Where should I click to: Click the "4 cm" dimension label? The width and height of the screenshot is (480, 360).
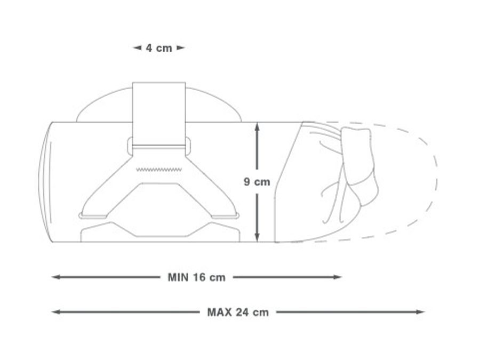(159, 48)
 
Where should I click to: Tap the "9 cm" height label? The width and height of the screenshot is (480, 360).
(257, 182)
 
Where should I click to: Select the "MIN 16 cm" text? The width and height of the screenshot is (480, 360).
(196, 277)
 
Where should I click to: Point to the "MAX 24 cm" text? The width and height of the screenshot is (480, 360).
(238, 313)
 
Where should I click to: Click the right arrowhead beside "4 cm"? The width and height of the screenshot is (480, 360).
(181, 48)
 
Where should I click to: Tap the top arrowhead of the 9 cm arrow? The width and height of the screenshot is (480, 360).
(257, 126)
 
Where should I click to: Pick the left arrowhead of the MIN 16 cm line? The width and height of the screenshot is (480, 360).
(55, 277)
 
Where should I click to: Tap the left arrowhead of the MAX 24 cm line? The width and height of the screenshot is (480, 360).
(55, 313)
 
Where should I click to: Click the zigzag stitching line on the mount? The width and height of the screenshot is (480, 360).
(159, 170)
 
